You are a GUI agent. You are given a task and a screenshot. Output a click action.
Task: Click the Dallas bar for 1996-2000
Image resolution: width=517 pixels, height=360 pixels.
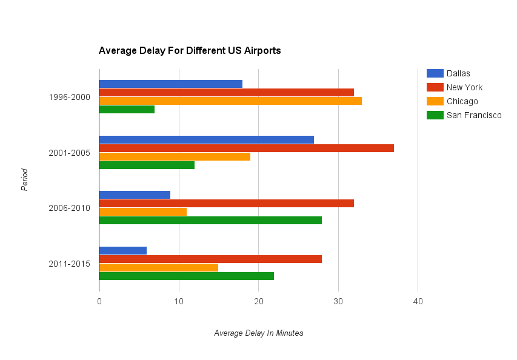click(170, 84)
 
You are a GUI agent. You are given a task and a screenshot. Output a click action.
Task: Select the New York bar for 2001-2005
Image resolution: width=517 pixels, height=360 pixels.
click(246, 148)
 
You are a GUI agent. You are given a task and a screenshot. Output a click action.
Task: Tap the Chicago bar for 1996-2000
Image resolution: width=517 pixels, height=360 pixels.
click(230, 101)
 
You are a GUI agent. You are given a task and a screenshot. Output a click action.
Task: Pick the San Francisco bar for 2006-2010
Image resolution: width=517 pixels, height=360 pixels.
click(210, 221)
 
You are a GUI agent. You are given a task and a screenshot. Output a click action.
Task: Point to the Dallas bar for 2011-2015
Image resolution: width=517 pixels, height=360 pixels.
click(122, 251)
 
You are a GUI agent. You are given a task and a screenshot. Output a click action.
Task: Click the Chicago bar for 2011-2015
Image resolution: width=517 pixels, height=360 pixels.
click(158, 267)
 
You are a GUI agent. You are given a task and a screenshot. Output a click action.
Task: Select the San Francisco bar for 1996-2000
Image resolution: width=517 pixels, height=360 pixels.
click(127, 109)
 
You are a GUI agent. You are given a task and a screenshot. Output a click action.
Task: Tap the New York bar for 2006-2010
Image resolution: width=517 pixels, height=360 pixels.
click(226, 204)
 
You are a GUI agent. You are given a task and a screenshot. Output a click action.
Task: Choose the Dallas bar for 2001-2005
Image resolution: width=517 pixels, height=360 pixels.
click(206, 139)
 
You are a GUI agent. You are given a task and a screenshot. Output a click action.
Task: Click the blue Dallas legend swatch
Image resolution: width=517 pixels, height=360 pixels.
click(435, 73)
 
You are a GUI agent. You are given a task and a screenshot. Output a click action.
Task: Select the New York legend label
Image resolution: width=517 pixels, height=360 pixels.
click(464, 87)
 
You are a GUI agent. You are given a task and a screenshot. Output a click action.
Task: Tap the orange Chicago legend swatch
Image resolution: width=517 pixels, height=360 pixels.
click(435, 101)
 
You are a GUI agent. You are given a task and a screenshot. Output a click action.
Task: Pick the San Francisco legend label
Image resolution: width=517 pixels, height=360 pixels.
click(474, 115)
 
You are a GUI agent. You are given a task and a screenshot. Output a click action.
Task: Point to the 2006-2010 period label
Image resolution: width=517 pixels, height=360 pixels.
click(70, 208)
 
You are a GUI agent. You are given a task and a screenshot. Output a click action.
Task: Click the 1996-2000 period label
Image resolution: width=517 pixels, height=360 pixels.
click(70, 96)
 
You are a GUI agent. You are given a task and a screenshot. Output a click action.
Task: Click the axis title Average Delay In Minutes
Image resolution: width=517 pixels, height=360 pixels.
click(259, 333)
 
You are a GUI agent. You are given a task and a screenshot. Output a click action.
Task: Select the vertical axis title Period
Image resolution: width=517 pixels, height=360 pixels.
click(25, 180)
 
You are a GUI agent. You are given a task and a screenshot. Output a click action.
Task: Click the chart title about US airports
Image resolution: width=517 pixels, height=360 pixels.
click(190, 51)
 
